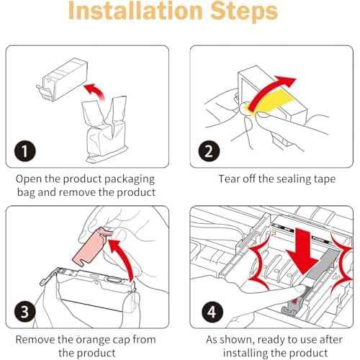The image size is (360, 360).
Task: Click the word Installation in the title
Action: click(135, 11)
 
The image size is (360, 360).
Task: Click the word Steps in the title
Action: click(244, 12)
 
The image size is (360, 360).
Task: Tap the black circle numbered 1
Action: click(25, 151)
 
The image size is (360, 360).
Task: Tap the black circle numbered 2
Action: click(209, 151)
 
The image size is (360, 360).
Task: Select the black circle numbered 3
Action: click(25, 312)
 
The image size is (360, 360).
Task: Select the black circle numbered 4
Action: click(212, 312)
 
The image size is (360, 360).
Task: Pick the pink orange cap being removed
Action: click(90, 247)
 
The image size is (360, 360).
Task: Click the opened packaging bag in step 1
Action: click(107, 130)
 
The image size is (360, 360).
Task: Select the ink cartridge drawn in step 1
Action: click(63, 78)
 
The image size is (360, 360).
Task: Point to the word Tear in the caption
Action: click(229, 179)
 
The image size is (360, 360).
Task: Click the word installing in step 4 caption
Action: click(246, 354)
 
